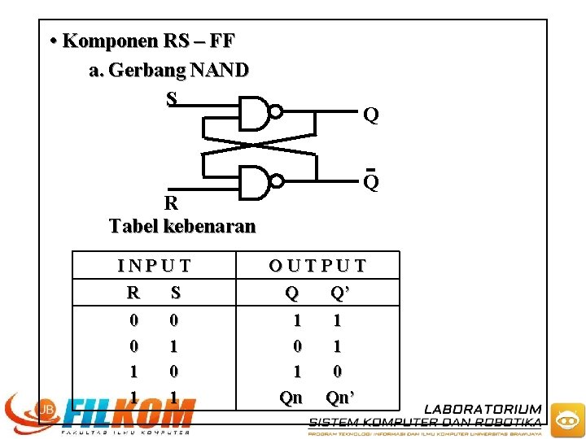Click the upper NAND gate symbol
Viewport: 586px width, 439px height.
pos(254,112)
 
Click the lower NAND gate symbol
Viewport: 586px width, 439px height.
pos(254,182)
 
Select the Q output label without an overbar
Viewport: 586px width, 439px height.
pos(370,116)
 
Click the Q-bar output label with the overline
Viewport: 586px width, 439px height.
pos(370,182)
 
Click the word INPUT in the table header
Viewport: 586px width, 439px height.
pos(155,266)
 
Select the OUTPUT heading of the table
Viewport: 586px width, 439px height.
pos(317,266)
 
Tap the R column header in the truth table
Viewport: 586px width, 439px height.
pos(133,292)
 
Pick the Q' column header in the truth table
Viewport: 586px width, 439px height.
pos(340,292)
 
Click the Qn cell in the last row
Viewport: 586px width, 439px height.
pos(291,398)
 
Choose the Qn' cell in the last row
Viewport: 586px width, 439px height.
pos(340,398)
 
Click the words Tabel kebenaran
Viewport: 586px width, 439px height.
pos(182,226)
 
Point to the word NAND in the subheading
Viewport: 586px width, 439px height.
pos(219,71)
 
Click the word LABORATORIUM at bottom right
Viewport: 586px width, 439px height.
pos(483,409)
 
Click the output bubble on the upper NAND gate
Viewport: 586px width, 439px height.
pos(277,112)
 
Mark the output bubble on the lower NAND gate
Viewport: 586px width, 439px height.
pos(277,182)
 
